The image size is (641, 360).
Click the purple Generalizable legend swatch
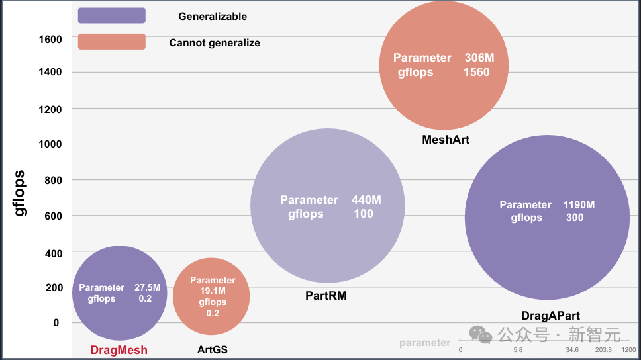click(x=111, y=15)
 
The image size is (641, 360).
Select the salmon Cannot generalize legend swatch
click(x=111, y=42)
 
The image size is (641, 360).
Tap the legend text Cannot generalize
click(x=215, y=43)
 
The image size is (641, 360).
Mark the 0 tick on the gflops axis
click(x=56, y=323)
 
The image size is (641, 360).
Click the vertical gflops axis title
click(x=21, y=194)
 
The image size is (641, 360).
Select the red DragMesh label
click(x=119, y=350)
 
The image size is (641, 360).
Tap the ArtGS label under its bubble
click(x=212, y=349)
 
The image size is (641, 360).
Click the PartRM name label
click(x=326, y=296)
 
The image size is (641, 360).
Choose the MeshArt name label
click(x=446, y=140)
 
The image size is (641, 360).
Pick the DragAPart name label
click(x=550, y=316)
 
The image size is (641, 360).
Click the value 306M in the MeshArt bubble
click(x=479, y=58)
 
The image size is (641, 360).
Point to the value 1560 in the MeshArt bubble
click(x=477, y=72)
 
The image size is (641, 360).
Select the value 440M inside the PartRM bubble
click(x=366, y=200)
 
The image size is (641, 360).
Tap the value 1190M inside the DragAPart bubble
click(x=579, y=205)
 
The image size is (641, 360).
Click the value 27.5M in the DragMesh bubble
click(x=147, y=287)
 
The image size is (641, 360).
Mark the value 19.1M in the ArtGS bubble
click(x=213, y=291)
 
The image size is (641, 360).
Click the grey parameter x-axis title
click(x=424, y=343)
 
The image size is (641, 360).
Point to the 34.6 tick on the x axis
click(x=573, y=349)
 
